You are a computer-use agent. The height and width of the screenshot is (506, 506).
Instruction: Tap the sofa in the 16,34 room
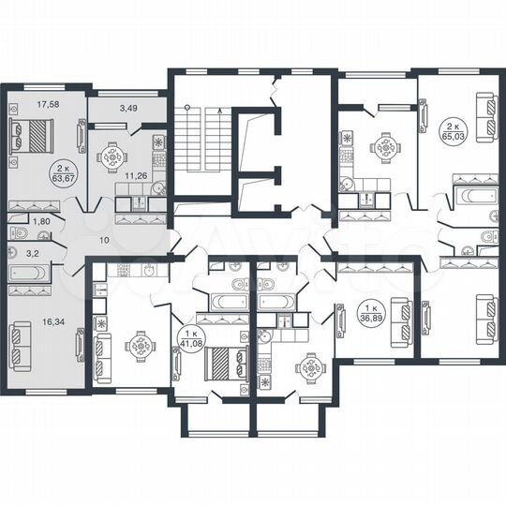(x=20, y=345)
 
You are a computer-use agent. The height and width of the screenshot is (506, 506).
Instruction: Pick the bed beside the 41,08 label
(x=226, y=361)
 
